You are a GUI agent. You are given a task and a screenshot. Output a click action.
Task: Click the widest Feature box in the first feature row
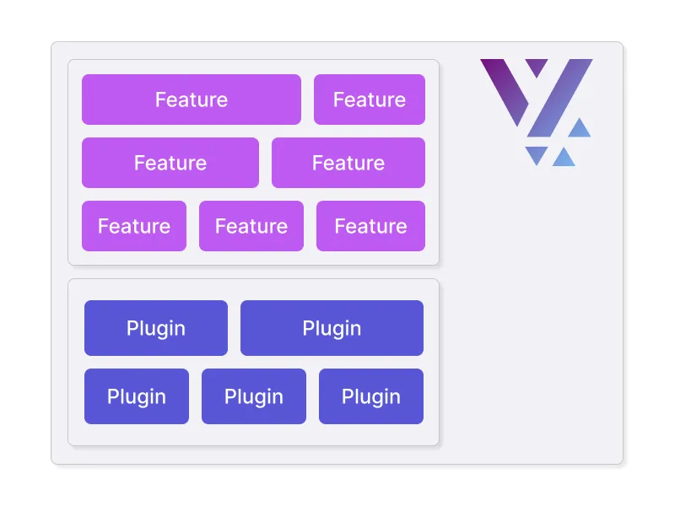click(192, 100)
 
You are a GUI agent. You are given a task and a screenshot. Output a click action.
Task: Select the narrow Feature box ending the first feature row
click(370, 100)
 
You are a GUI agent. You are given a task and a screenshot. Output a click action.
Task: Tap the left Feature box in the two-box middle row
click(170, 163)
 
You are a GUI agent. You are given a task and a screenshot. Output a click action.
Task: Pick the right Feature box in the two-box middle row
click(348, 163)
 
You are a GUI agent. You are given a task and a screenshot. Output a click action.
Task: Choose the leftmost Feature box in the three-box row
click(134, 226)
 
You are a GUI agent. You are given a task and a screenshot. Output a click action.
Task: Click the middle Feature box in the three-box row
click(251, 226)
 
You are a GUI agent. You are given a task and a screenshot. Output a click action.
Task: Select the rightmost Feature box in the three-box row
click(370, 226)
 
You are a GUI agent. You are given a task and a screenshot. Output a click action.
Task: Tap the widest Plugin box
click(332, 328)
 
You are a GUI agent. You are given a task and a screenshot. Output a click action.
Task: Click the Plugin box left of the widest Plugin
click(156, 328)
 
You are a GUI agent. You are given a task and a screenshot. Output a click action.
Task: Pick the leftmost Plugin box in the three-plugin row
click(137, 396)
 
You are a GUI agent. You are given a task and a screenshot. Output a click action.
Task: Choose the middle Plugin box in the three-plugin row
click(254, 396)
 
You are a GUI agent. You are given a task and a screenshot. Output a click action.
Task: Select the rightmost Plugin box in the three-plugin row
click(371, 396)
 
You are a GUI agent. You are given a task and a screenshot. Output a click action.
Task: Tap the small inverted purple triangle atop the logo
click(537, 66)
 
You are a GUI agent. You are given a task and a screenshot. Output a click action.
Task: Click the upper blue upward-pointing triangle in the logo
click(579, 129)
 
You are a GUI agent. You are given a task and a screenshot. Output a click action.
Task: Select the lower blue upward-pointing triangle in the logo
click(564, 157)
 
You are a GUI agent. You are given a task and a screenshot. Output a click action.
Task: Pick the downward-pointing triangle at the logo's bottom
click(536, 154)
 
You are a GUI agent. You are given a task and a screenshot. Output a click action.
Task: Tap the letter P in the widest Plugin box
click(308, 328)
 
